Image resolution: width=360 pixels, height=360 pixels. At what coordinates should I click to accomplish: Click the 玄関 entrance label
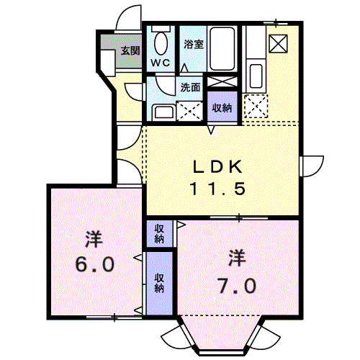(x=130, y=50)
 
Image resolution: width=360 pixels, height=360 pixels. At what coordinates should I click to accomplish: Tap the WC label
(x=161, y=63)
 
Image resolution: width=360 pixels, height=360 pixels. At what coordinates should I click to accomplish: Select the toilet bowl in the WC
(x=161, y=43)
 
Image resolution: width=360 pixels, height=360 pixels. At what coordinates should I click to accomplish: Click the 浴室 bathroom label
(x=194, y=44)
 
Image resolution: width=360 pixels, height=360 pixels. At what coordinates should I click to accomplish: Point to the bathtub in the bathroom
(x=222, y=49)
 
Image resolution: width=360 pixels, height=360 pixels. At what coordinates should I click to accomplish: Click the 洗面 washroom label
(x=190, y=88)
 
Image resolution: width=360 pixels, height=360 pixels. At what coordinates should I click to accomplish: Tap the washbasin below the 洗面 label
(x=163, y=112)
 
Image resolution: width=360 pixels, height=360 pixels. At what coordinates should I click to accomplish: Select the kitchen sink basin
(x=256, y=76)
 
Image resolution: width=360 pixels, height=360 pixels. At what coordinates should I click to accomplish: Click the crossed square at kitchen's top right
(x=278, y=43)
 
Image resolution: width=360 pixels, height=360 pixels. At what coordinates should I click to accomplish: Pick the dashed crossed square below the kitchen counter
(x=256, y=106)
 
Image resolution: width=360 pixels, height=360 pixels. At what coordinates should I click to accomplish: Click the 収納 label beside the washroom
(x=222, y=108)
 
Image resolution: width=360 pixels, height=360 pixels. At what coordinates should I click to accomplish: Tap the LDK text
(x=217, y=167)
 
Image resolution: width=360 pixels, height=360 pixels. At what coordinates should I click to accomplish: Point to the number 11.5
(x=217, y=189)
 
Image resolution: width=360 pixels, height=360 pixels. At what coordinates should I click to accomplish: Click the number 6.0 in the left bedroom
(x=95, y=264)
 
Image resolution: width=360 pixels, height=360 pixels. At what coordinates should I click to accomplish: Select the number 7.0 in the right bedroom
(x=237, y=286)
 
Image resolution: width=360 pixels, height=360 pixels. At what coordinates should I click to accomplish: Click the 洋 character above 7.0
(x=237, y=258)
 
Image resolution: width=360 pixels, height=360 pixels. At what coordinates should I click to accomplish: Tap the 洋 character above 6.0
(x=94, y=239)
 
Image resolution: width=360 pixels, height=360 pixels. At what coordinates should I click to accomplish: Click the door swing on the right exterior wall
(x=312, y=166)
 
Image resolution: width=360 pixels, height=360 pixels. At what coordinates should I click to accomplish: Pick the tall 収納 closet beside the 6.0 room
(x=159, y=283)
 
